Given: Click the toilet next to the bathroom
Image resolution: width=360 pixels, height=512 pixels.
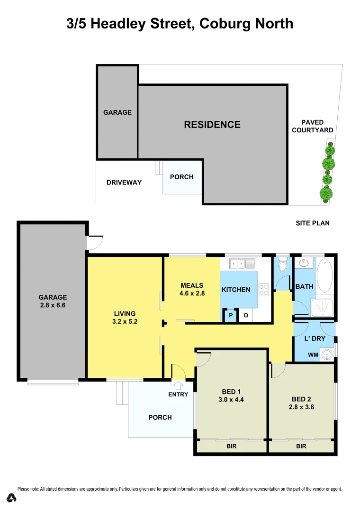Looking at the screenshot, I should click(x=283, y=265).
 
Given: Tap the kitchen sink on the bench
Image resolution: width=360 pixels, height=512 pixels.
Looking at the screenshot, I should click(x=241, y=263).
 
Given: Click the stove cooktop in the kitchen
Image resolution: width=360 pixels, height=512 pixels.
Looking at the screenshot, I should click(x=264, y=289).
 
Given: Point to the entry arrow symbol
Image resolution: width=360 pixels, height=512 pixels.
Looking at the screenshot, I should click(x=179, y=385).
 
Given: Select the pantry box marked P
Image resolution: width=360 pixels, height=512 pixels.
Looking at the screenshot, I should click(x=231, y=316).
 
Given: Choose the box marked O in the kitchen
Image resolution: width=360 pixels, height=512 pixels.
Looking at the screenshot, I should click(x=246, y=316).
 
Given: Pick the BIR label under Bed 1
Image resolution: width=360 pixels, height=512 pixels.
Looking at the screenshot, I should click(x=231, y=447).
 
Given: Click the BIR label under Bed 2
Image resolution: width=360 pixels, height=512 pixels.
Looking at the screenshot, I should click(x=301, y=447).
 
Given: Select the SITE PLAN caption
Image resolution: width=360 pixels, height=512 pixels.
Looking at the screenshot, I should click(x=312, y=223).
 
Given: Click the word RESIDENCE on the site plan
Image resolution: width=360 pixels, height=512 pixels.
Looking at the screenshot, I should click(x=212, y=125).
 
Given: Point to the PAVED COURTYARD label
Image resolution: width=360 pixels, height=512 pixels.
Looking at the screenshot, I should click(x=312, y=126).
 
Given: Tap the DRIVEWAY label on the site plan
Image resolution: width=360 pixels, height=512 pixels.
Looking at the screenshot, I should click(x=124, y=183).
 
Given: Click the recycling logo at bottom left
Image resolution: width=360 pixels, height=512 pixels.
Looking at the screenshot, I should click(x=12, y=498).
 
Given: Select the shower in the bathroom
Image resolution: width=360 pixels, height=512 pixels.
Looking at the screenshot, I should click(x=322, y=308).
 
